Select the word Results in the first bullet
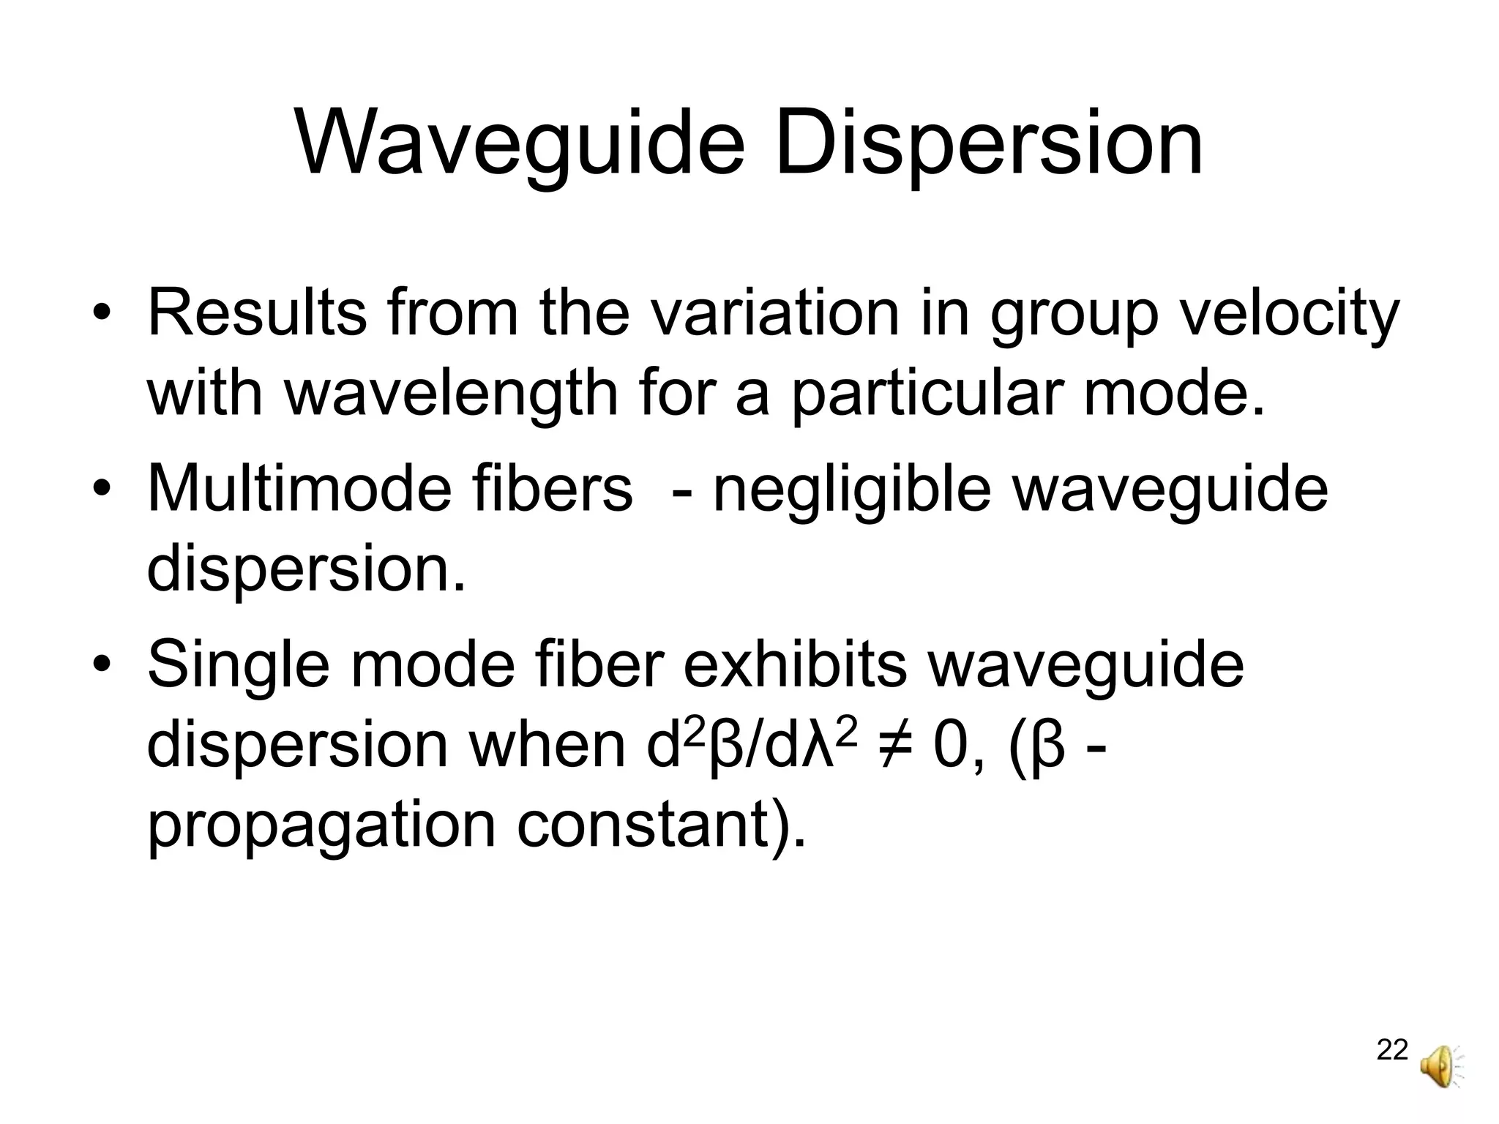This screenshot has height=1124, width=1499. click(x=257, y=313)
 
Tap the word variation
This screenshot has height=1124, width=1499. click(x=775, y=313)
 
